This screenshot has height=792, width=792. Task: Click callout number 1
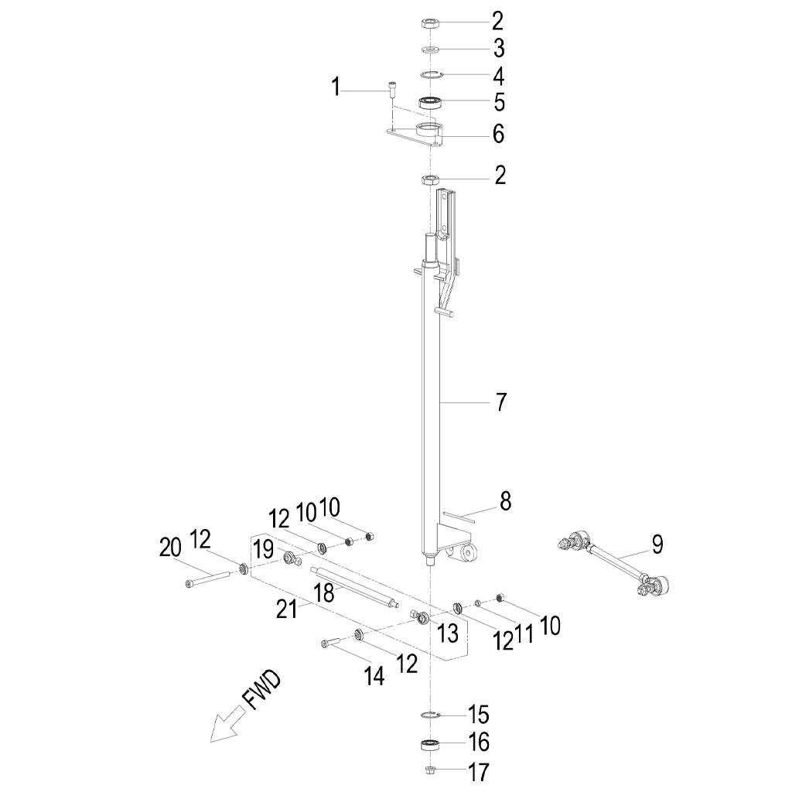click(x=336, y=87)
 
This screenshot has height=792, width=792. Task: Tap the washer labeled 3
click(x=430, y=49)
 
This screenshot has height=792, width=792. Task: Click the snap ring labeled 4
click(x=432, y=75)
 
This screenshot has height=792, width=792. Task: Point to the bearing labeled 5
click(x=430, y=103)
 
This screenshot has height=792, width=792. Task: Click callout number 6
click(x=499, y=135)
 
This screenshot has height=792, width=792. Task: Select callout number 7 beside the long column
click(x=500, y=402)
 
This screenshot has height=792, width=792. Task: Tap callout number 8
click(x=505, y=501)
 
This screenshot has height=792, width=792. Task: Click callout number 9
click(x=657, y=545)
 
